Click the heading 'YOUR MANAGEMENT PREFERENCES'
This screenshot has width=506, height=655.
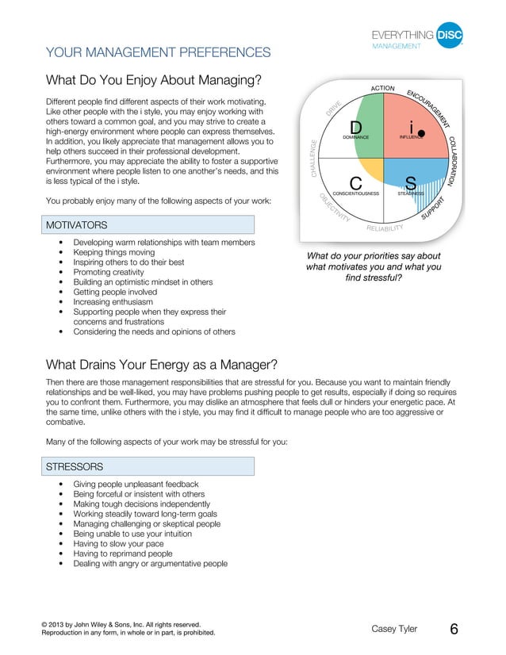pyautogui.click(x=159, y=52)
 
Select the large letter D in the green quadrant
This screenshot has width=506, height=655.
pyautogui.click(x=356, y=128)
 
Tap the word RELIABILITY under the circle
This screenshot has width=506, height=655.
pyautogui.click(x=385, y=230)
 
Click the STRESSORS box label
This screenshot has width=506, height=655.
pyautogui.click(x=75, y=466)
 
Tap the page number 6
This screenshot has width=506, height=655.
pyautogui.click(x=454, y=629)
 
